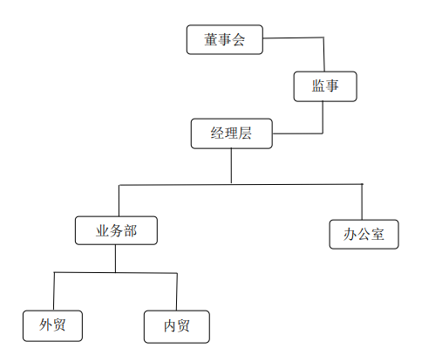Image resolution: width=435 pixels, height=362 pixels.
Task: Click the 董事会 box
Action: pos(225,39)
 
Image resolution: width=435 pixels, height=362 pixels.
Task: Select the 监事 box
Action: pos(325,86)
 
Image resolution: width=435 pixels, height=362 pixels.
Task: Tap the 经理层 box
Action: pos(232,133)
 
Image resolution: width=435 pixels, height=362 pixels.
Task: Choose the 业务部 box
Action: pos(116,230)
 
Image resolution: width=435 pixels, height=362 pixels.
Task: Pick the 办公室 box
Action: pos(364,235)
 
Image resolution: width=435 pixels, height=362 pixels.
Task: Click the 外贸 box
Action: pos(52,325)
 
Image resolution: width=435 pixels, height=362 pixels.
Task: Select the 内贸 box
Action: pos(177,326)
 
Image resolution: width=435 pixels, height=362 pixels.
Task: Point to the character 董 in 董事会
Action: pos(211,39)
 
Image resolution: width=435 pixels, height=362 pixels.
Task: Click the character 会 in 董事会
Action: pos(238,39)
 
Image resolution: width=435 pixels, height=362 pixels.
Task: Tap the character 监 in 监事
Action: pos(318,86)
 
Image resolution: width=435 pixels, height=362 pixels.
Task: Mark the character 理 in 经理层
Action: pos(231,133)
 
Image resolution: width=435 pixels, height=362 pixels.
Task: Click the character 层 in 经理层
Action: pos(245,133)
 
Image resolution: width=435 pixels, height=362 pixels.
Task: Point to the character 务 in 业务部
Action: pos(116,231)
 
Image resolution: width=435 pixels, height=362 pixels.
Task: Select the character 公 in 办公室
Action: pos(364,235)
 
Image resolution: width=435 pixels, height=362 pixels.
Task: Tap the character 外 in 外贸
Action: pos(46,324)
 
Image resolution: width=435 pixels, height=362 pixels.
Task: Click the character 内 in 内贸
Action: pos(170,326)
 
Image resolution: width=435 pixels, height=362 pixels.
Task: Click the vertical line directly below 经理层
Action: pos(231,166)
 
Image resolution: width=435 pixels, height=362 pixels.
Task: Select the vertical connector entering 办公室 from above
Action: pos(362,201)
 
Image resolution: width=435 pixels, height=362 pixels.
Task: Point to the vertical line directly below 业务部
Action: pos(115,258)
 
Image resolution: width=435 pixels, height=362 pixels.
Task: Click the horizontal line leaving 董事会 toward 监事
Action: pos(293,38)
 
